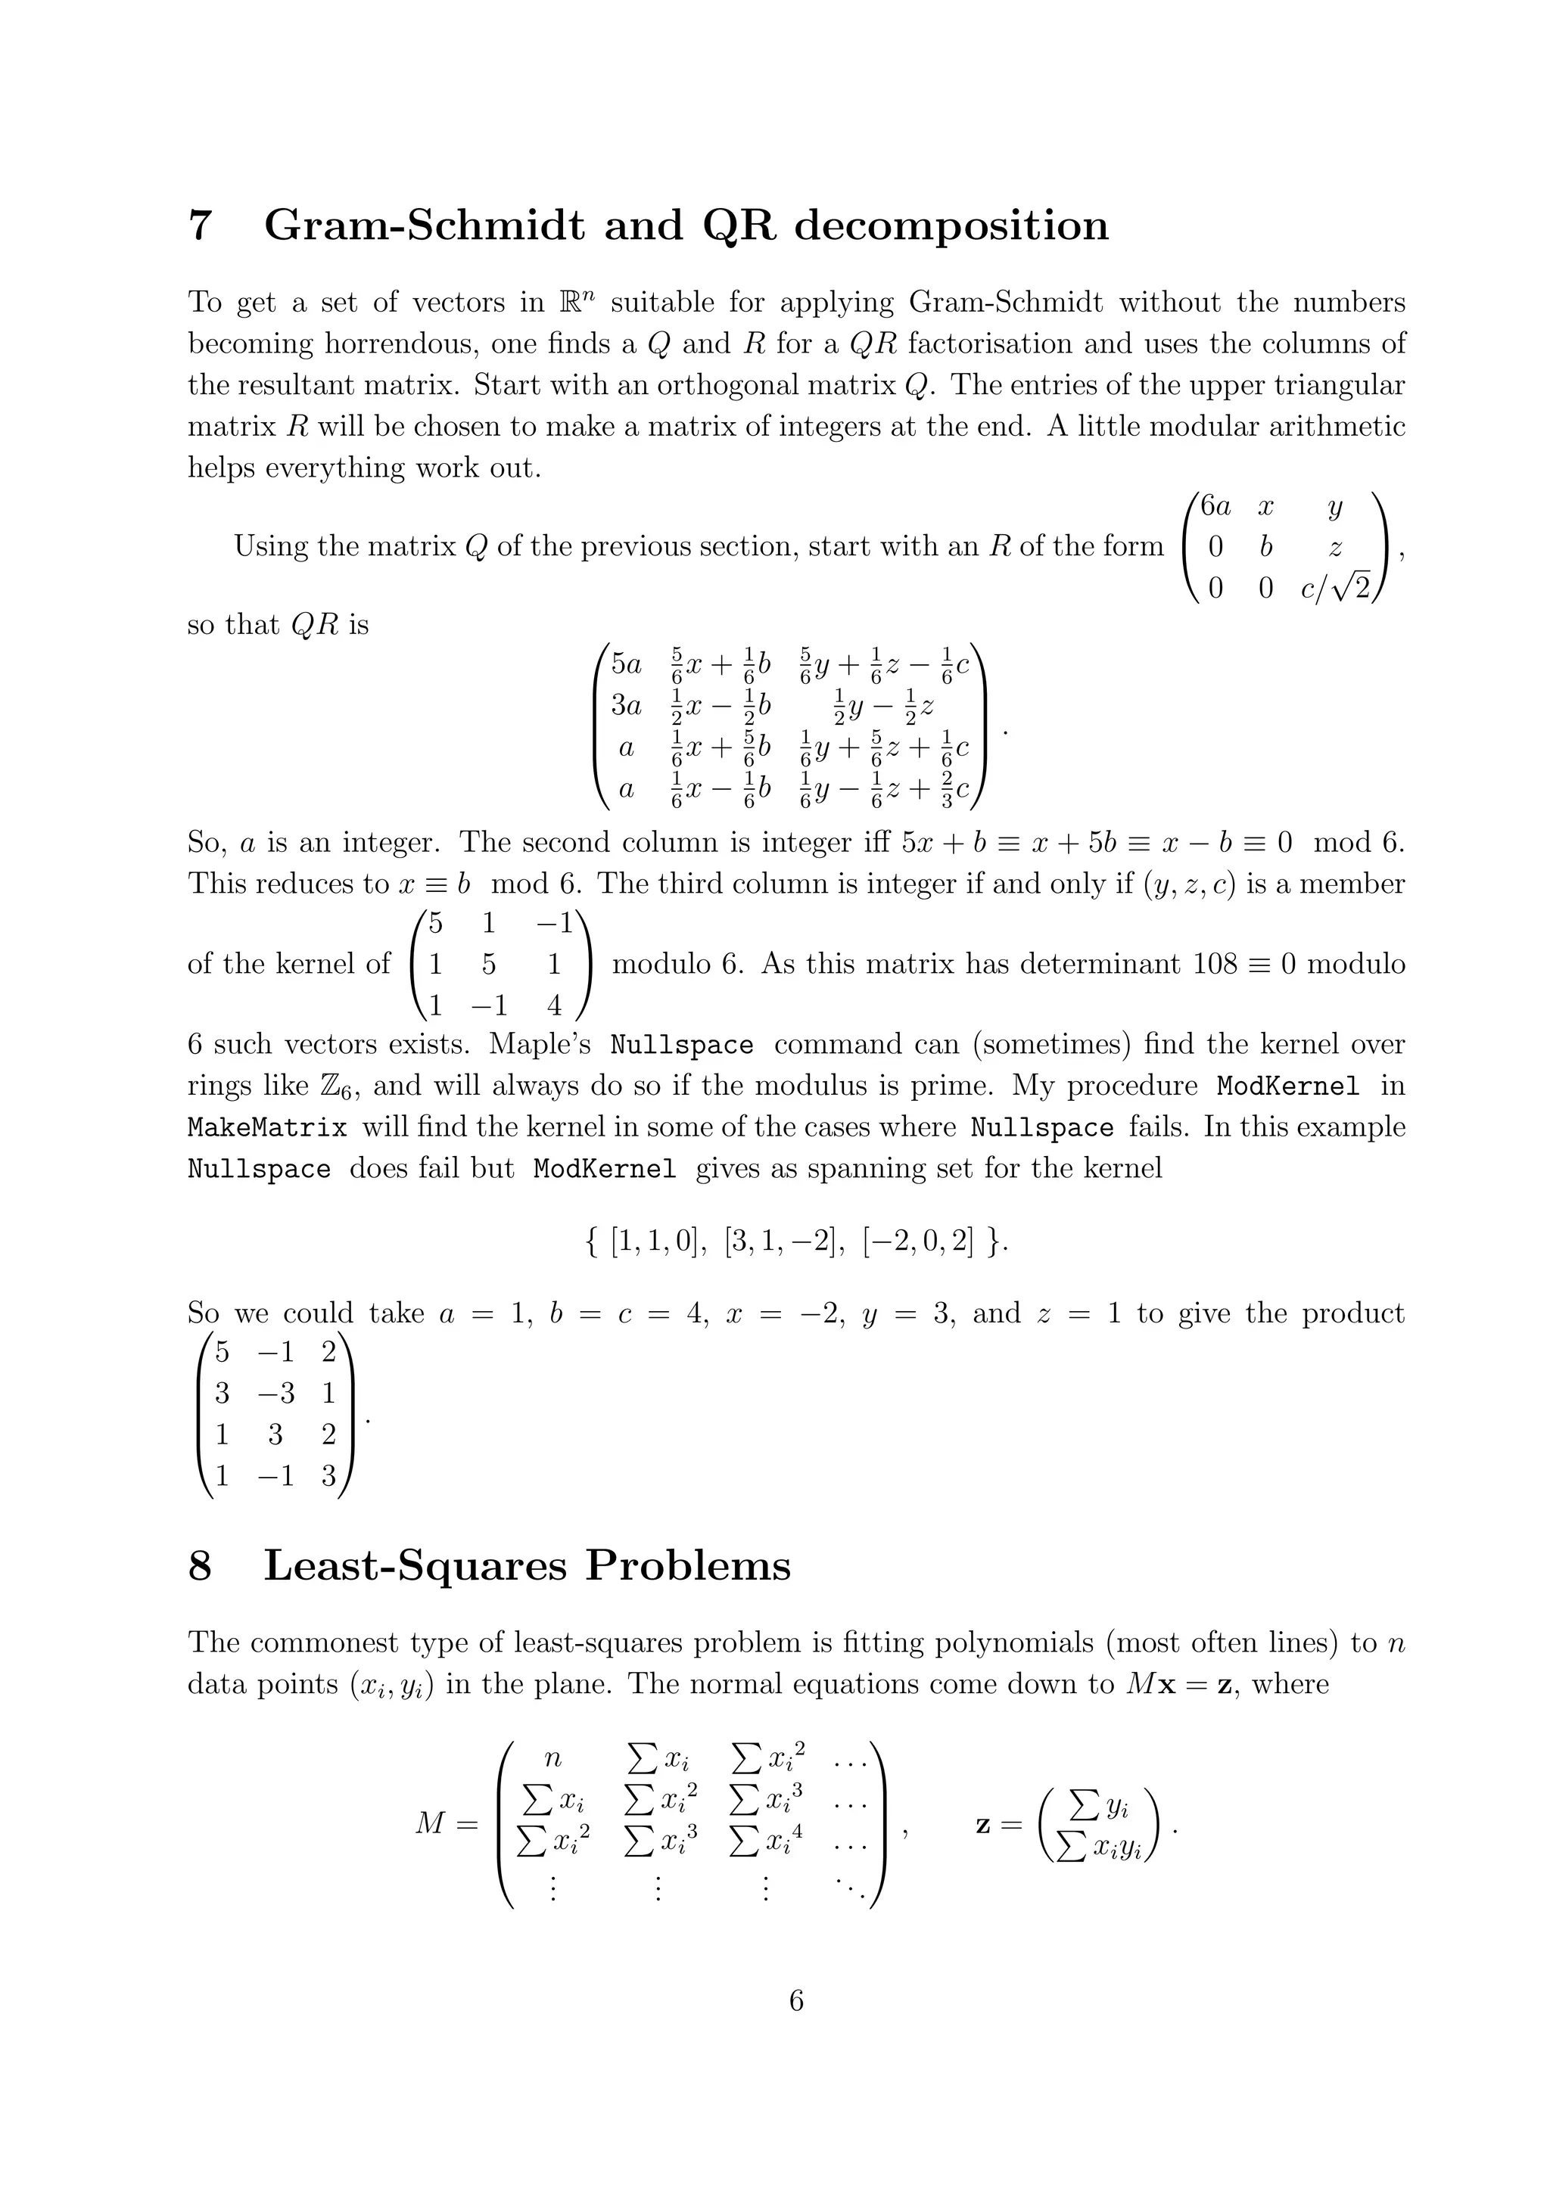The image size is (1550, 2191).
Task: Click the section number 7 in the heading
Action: (x=200, y=226)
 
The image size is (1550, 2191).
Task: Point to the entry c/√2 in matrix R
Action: (x=1335, y=589)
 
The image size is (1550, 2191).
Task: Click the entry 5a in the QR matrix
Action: (x=626, y=664)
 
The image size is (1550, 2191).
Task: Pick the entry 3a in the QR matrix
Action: (x=626, y=706)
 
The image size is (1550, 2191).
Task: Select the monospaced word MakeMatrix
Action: (x=267, y=1128)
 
